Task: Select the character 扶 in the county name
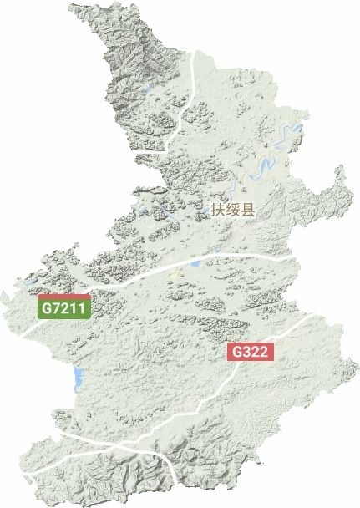coord(220,210)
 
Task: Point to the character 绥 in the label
coord(234,210)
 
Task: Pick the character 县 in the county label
coord(248,210)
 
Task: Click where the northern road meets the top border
coord(195,51)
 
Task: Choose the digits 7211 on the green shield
coord(70,308)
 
